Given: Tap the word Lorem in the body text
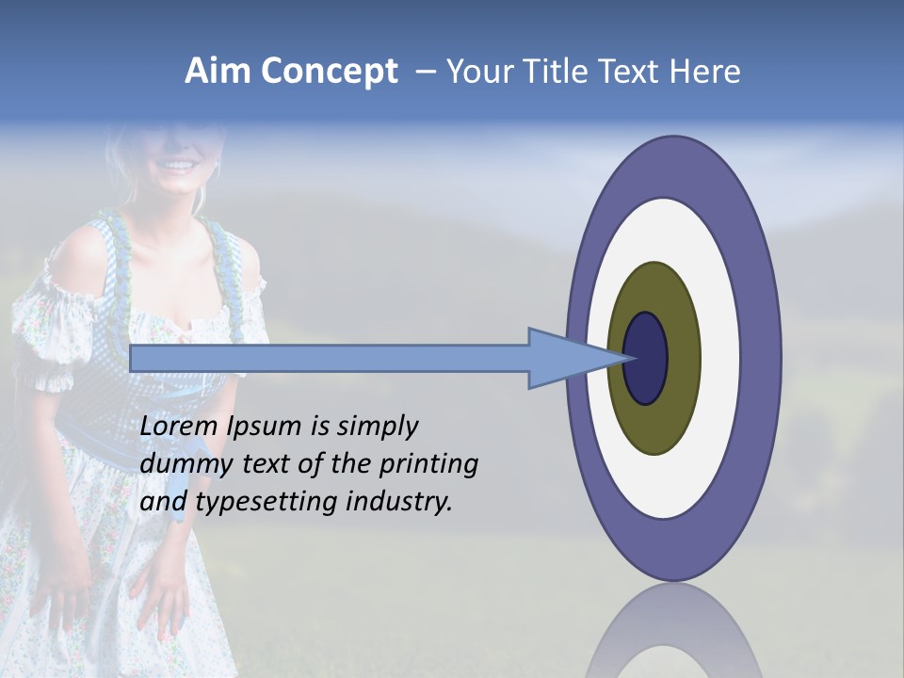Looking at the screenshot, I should [x=180, y=427].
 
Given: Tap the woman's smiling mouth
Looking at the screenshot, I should [x=178, y=167].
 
